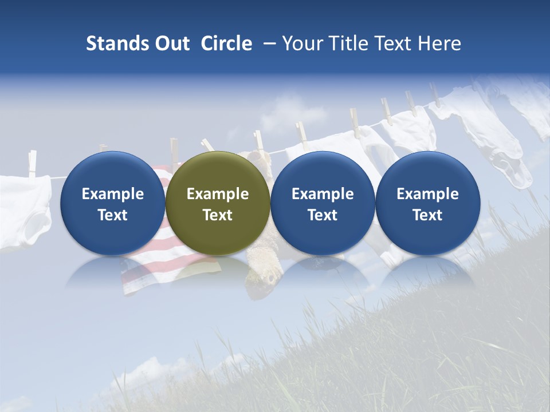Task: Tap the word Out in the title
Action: tap(171, 43)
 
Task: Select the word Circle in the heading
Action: tap(226, 43)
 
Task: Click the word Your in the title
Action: tap(303, 43)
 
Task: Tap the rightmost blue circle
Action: tap(427, 203)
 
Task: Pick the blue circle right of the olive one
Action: tap(323, 203)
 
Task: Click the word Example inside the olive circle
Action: tap(218, 194)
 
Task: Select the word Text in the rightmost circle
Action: tap(427, 215)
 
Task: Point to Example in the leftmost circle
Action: tap(112, 194)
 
